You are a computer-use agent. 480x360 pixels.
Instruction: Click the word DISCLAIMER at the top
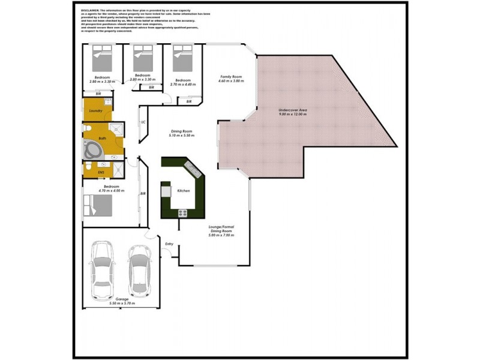click(x=88, y=11)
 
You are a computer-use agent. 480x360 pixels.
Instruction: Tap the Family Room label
click(x=231, y=77)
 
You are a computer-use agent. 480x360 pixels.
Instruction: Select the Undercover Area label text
click(x=293, y=111)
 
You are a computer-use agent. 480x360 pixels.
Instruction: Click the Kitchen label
click(x=184, y=190)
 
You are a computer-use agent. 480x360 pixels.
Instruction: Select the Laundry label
click(x=96, y=111)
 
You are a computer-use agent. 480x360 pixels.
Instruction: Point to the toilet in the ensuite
click(x=88, y=166)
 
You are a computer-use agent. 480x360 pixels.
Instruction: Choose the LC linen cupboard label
click(x=143, y=122)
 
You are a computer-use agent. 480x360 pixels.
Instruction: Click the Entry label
click(x=169, y=244)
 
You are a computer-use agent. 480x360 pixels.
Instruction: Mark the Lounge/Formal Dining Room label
click(x=220, y=231)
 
